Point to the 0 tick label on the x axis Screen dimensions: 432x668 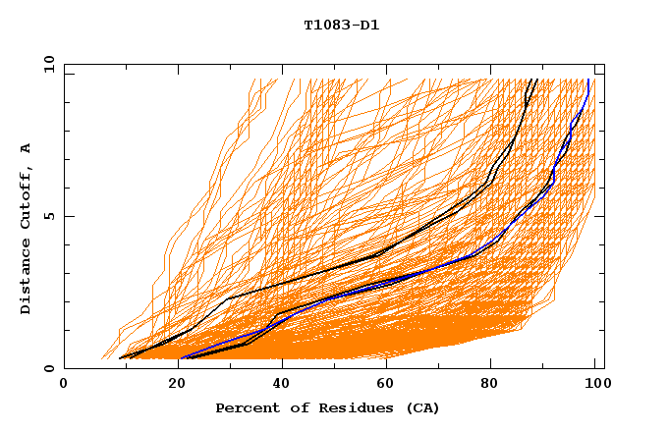64,384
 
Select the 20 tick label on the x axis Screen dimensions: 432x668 171,384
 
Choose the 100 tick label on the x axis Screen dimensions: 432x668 594,384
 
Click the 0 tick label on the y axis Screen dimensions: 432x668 48,369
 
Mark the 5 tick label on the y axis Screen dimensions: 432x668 48,216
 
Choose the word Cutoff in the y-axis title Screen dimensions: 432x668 26,193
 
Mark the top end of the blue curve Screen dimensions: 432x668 587,81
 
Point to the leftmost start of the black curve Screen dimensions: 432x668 120,358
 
